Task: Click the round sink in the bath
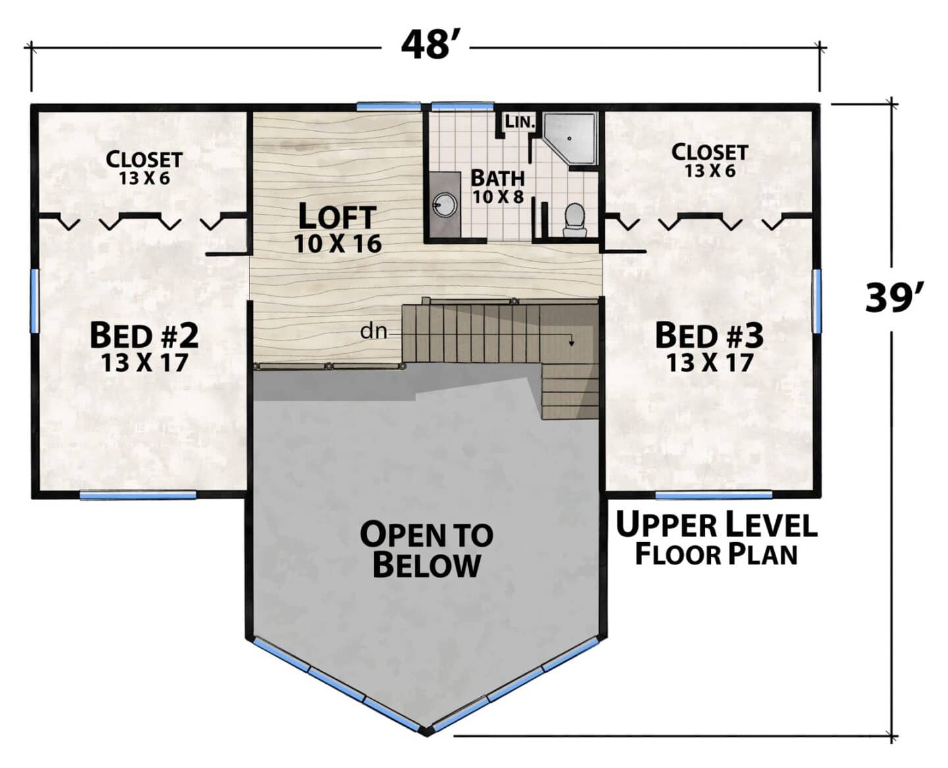coord(444,206)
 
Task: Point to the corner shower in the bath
coord(569,141)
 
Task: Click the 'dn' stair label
coord(373,331)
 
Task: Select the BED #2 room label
coord(144,336)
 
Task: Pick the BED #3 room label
coord(710,336)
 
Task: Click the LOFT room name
coord(337,217)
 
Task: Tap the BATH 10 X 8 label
coord(498,186)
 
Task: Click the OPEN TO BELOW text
coord(427,550)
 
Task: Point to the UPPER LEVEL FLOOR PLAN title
coord(716,538)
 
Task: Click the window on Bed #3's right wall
coord(817,301)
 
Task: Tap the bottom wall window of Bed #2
coord(138,495)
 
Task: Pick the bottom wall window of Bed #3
coord(714,495)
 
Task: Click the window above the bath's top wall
coord(463,107)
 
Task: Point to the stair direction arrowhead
coord(571,343)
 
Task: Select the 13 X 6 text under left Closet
coord(144,178)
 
